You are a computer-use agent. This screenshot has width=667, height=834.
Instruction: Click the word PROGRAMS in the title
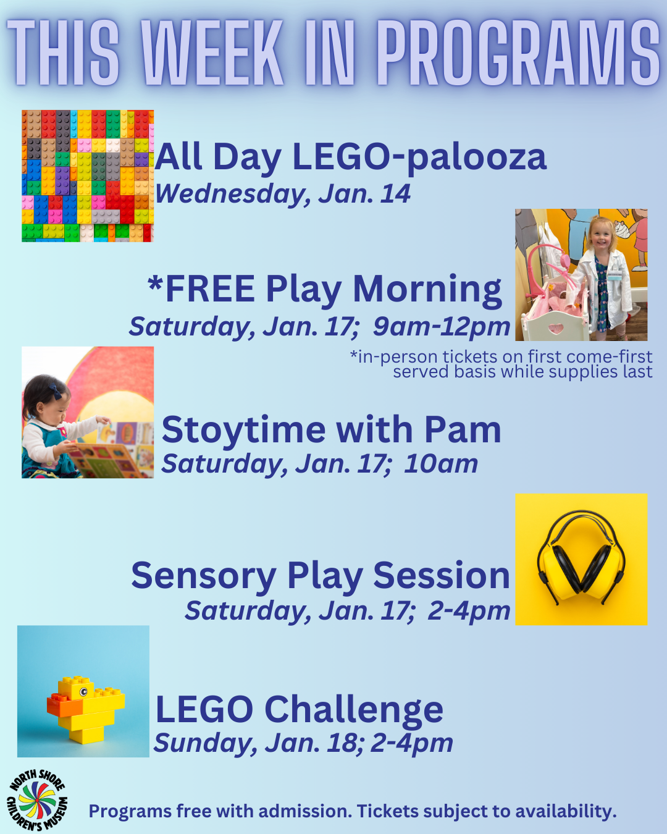tap(518, 53)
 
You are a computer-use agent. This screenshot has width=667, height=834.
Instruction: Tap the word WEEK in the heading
tap(212, 53)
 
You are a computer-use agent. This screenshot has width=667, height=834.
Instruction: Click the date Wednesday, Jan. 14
tap(282, 194)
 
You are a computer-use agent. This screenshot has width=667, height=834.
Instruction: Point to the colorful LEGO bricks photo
tap(88, 176)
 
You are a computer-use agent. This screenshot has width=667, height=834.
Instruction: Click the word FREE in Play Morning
tap(210, 289)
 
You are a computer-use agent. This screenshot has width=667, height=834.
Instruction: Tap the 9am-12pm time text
tap(441, 327)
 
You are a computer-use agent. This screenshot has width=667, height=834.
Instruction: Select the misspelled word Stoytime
tap(243, 430)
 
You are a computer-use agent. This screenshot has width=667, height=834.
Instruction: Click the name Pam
tap(462, 430)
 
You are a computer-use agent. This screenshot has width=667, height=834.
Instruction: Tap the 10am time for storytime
tap(441, 464)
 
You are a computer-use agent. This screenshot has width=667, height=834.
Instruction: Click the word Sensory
tap(203, 576)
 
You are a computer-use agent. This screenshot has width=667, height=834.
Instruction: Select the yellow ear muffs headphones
tap(581, 559)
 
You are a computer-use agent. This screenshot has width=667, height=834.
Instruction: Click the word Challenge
tap(354, 710)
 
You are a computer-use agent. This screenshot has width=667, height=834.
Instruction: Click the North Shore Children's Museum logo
tap(37, 801)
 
